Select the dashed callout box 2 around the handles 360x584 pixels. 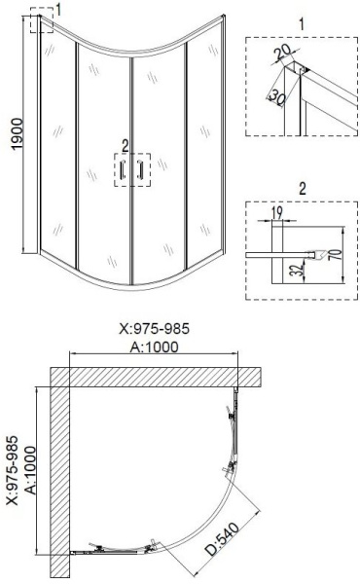(x=132, y=171)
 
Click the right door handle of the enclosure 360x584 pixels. (x=142, y=171)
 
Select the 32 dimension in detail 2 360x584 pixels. (x=297, y=270)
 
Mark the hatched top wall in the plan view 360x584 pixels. (x=165, y=376)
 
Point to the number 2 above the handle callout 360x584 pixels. (x=124, y=145)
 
